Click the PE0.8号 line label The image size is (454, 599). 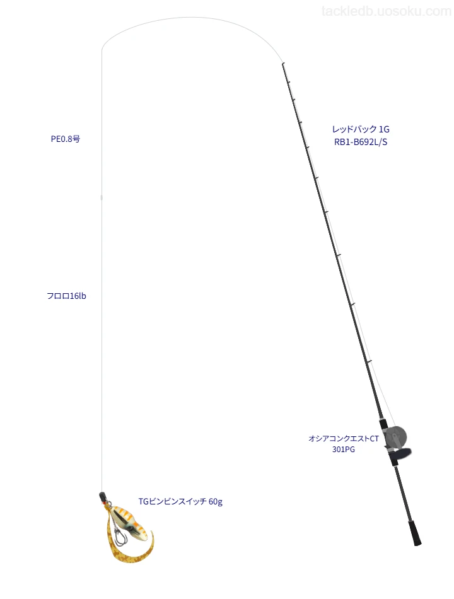[x=66, y=139]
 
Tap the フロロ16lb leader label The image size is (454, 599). [x=66, y=296]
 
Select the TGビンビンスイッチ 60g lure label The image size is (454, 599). [x=180, y=501]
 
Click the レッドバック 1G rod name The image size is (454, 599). [x=361, y=129]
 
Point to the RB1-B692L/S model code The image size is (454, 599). [x=361, y=142]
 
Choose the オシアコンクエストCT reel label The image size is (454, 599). [x=344, y=439]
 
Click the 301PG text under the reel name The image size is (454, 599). [x=344, y=450]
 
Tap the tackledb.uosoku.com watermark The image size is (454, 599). [x=387, y=11]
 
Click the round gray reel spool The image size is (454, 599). [x=396, y=438]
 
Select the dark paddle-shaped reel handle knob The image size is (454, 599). [x=401, y=455]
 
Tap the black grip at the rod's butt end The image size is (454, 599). [x=415, y=532]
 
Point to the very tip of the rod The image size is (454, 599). [x=282, y=63]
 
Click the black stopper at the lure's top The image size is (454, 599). [x=102, y=497]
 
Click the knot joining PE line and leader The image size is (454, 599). [x=102, y=197]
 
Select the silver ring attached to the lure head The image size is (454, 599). [x=107, y=506]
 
